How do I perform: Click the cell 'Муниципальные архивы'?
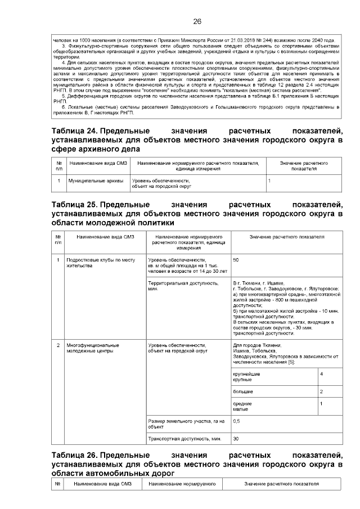(88, 181)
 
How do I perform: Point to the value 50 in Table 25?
(236, 260)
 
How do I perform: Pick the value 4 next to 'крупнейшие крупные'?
(321, 374)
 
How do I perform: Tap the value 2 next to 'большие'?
(321, 391)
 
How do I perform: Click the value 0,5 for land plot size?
(236, 421)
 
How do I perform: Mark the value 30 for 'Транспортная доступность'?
(236, 438)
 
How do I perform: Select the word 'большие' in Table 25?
(243, 391)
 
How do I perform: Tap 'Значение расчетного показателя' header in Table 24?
(304, 165)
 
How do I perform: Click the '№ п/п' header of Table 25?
(58, 240)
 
